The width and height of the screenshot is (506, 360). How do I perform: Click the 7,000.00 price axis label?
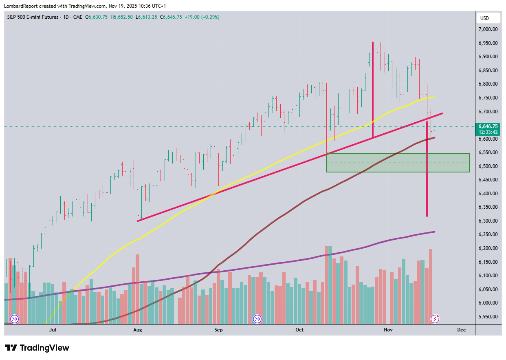tap(488, 29)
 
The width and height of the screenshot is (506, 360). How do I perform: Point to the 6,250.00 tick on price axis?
tap(488, 234)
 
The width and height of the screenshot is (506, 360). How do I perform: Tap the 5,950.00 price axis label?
tap(488, 316)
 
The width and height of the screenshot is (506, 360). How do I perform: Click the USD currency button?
tap(484, 18)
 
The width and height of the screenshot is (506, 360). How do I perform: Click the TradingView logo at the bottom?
tap(37, 348)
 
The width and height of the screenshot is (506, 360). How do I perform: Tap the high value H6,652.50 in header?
tap(123, 17)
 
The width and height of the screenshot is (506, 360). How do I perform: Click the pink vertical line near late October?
tap(372, 90)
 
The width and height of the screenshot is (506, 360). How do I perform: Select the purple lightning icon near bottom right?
tap(435, 319)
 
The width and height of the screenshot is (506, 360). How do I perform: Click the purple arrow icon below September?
tap(257, 319)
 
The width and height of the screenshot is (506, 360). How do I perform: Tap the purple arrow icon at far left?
tap(14, 319)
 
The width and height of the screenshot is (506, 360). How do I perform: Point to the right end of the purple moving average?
tap(434, 232)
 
